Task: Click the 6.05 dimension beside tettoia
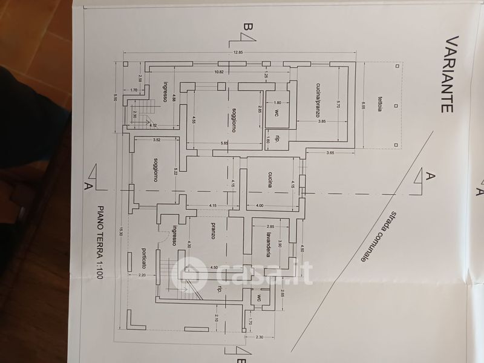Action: click(x=363, y=105)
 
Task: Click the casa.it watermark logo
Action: click(x=242, y=273)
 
